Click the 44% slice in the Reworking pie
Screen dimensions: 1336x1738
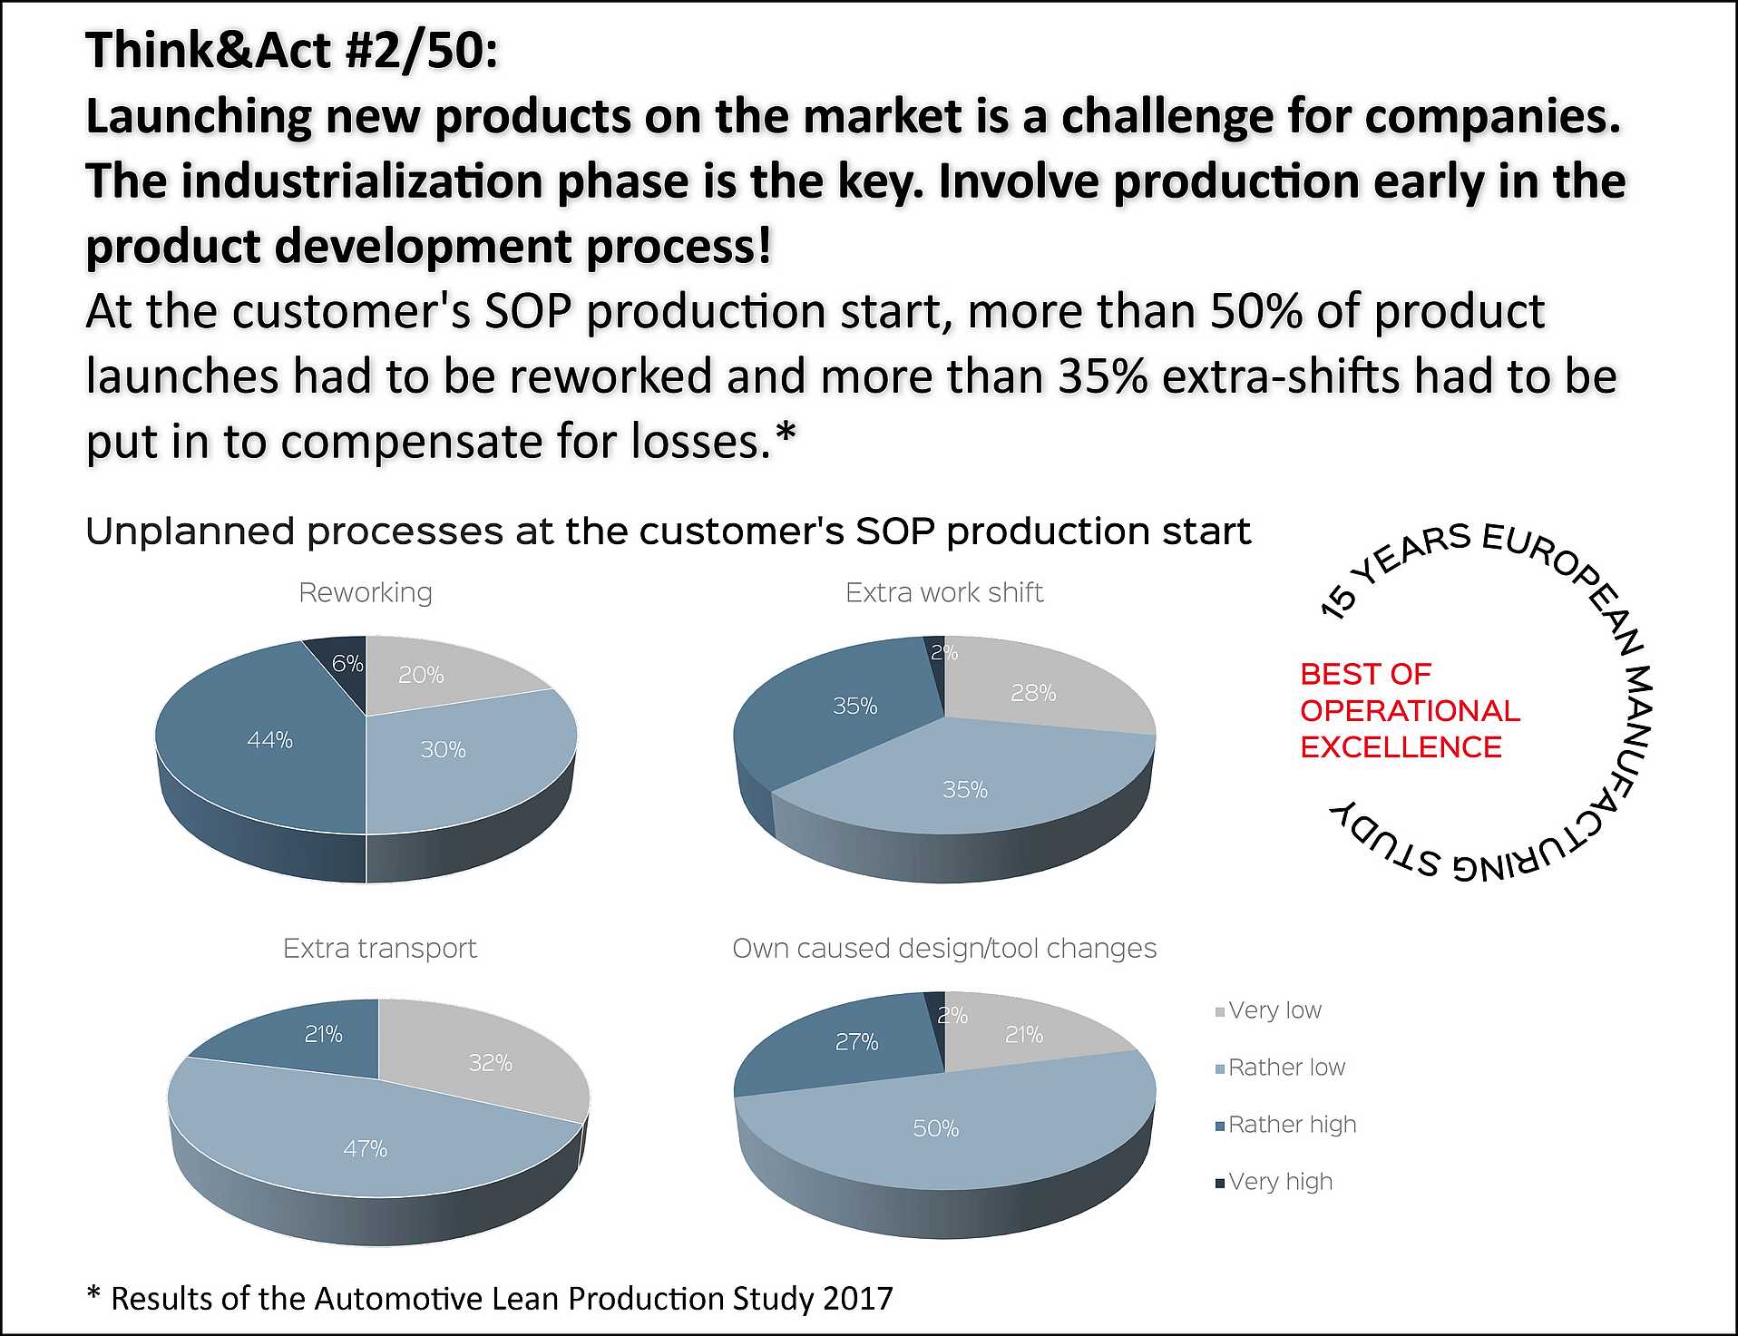tap(269, 740)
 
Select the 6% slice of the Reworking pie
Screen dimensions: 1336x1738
tap(346, 663)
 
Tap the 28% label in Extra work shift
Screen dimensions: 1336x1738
tap(1033, 693)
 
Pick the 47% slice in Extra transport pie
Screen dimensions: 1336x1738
tap(365, 1148)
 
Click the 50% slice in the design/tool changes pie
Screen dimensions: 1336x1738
tap(935, 1127)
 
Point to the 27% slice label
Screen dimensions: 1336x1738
tap(856, 1042)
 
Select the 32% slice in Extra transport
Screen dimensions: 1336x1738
tap(490, 1062)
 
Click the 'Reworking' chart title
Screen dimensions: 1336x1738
tap(366, 592)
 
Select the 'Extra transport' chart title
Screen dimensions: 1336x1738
tap(379, 948)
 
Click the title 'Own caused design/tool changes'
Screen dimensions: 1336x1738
tap(944, 948)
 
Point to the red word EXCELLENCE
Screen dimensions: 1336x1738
tap(1401, 747)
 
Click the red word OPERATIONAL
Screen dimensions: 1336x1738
tap(1410, 711)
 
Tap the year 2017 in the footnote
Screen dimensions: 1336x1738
tap(857, 1298)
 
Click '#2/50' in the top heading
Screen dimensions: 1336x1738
tap(422, 50)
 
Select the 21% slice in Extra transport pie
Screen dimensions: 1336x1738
tap(323, 1034)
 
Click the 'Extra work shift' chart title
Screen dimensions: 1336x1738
tap(944, 592)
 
